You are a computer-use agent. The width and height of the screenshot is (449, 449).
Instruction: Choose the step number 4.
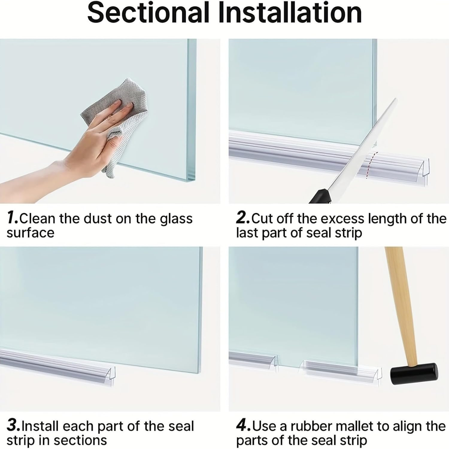click(242, 426)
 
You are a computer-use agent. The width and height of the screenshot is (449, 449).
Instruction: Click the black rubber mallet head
click(414, 374)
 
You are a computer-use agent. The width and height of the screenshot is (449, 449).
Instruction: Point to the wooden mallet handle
click(401, 299)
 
